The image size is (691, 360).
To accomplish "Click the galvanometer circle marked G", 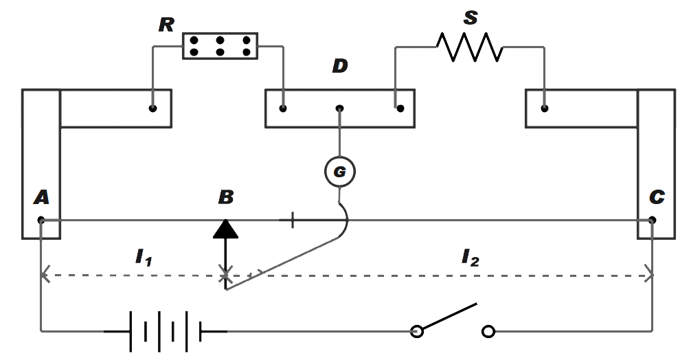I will [340, 172].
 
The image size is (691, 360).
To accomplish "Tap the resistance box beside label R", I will [220, 46].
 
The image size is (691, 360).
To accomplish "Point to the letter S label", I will [470, 18].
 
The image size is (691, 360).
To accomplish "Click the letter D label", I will [339, 67].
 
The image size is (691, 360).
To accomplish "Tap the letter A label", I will [41, 198].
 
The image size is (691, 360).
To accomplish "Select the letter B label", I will [225, 198].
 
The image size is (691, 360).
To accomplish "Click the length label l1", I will [142, 258].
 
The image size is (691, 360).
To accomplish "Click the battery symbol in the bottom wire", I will [165, 332].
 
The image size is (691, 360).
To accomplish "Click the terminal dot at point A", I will [41, 220].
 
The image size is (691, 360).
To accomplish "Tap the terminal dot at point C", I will [652, 220].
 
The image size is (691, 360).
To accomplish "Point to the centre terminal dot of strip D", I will [339, 108].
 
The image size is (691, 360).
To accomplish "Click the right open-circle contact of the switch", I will [488, 333].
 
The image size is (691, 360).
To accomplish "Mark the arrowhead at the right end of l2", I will [648, 276].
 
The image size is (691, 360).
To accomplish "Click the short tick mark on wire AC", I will [292, 221].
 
